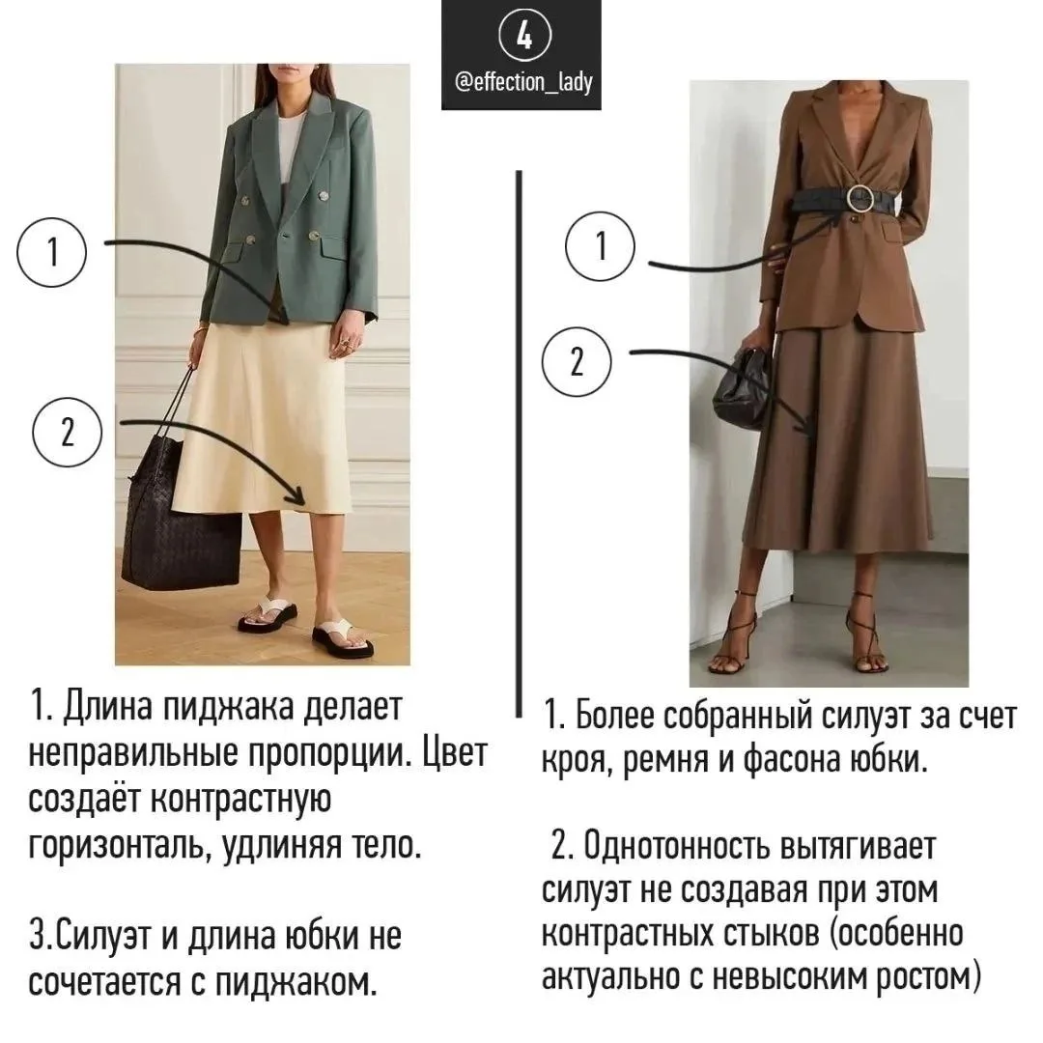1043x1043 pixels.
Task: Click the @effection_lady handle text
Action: (x=523, y=83)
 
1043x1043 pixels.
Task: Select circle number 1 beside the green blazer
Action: (x=52, y=253)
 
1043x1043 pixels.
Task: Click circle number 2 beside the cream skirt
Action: (x=68, y=433)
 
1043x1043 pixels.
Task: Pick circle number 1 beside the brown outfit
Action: (x=601, y=246)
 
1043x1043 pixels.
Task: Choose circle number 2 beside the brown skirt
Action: (x=577, y=362)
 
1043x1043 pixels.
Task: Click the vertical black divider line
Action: (x=519, y=443)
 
